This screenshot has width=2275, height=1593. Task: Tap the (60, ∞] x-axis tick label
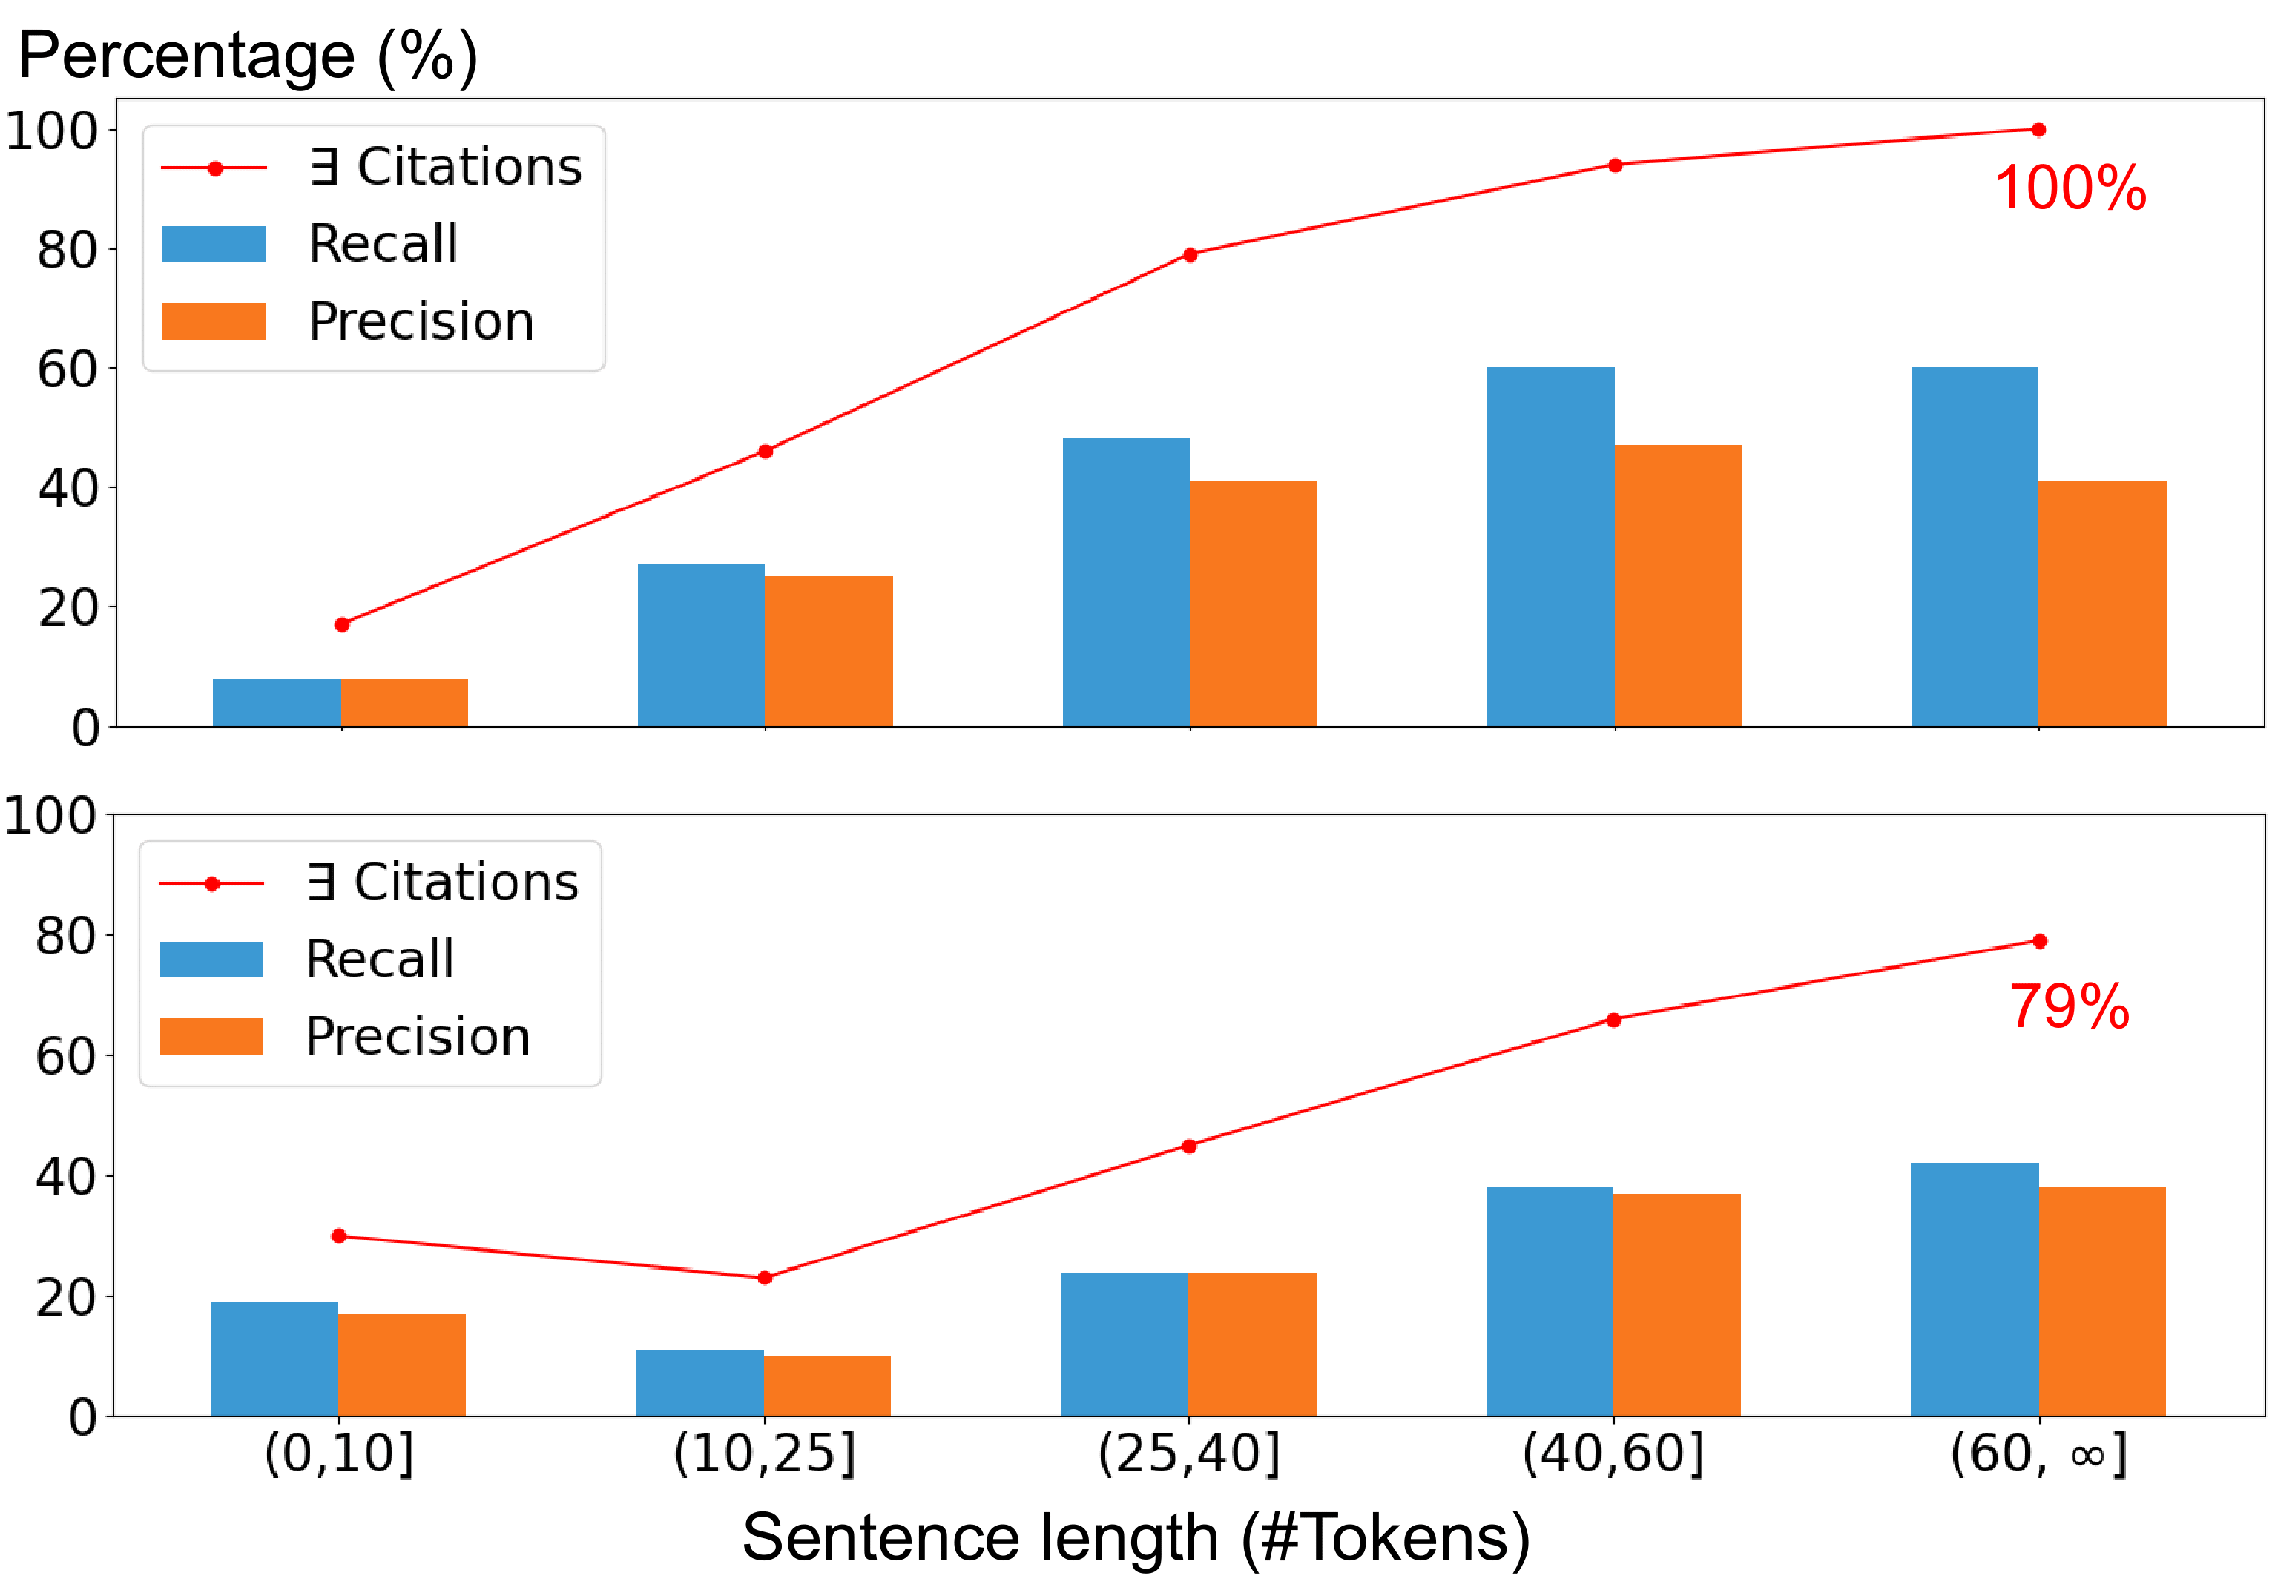pos(2038,1454)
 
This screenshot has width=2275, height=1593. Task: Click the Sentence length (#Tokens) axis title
pos(1136,1537)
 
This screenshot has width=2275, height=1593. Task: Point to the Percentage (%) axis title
pos(248,56)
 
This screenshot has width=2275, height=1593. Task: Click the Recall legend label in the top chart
pos(383,244)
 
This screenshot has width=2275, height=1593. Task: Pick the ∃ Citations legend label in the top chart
pos(445,166)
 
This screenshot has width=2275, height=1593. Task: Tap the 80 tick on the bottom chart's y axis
pos(65,936)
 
